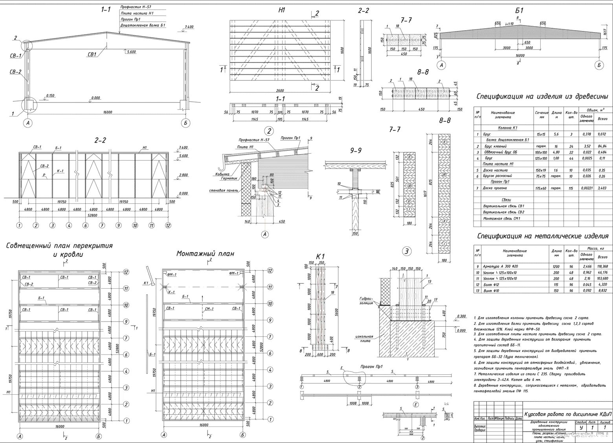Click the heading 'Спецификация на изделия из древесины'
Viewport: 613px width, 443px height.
[x=542, y=96]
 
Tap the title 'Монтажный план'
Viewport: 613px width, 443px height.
[x=205, y=254]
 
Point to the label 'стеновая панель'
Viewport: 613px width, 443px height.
[x=222, y=190]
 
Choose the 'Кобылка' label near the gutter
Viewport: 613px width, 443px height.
[x=222, y=174]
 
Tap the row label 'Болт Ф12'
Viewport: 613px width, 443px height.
[x=490, y=285]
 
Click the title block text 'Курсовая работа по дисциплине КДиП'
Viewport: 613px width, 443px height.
[x=568, y=414]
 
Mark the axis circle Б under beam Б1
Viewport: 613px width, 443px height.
[x=599, y=66]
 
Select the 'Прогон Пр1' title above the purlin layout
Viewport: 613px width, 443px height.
[x=371, y=367]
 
